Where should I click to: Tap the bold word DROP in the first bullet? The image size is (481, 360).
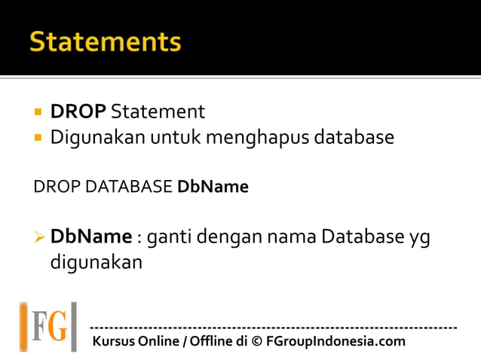point(78,112)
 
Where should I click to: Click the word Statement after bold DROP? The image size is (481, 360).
point(158,112)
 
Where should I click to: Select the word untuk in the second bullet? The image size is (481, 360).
point(175,138)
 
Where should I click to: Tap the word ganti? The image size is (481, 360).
point(169,237)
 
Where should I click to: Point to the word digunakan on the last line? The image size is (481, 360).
point(96,264)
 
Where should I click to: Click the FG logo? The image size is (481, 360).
point(48,326)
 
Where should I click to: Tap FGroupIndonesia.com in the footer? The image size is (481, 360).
point(335,341)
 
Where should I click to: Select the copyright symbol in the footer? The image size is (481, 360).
point(256,341)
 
